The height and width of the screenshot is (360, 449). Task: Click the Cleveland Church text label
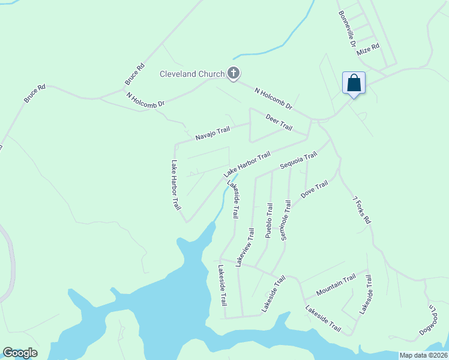pyautogui.click(x=191, y=74)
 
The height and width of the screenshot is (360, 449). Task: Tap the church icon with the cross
pyautogui.click(x=234, y=74)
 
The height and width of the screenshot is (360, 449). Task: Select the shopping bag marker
pyautogui.click(x=354, y=83)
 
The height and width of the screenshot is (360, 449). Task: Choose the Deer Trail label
pyautogui.click(x=279, y=123)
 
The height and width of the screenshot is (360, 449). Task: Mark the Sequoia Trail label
pyautogui.click(x=298, y=161)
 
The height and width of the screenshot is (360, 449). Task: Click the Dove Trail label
pyautogui.click(x=315, y=189)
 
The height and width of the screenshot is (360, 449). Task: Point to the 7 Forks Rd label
pyautogui.click(x=362, y=210)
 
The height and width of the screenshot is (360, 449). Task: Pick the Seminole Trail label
pyautogui.click(x=286, y=221)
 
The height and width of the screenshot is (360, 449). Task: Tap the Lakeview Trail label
pyautogui.click(x=245, y=247)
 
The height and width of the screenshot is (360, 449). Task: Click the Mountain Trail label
pyautogui.click(x=336, y=284)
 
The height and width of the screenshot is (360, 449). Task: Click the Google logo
pyautogui.click(x=20, y=353)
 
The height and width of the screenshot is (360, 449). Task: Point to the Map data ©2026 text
pyautogui.click(x=423, y=355)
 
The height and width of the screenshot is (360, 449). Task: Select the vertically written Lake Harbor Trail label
pyautogui.click(x=176, y=185)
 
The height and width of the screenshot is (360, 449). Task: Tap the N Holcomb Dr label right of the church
pyautogui.click(x=273, y=98)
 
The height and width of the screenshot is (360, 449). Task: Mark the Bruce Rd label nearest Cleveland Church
pyautogui.click(x=134, y=74)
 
